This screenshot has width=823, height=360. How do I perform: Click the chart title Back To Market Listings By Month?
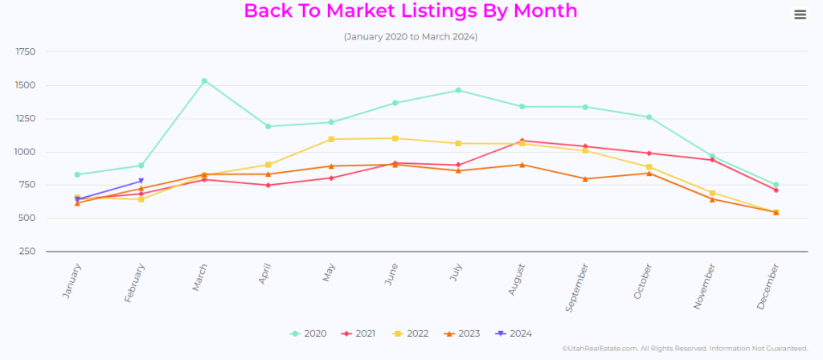pyautogui.click(x=411, y=11)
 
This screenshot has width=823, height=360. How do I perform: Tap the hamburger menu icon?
pyautogui.click(x=800, y=15)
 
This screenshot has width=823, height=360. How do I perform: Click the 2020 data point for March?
pyautogui.click(x=204, y=81)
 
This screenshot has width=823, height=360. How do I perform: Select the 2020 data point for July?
pyautogui.click(x=458, y=90)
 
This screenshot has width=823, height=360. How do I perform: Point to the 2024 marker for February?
pyautogui.click(x=141, y=181)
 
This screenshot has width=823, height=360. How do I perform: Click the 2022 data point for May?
pyautogui.click(x=331, y=139)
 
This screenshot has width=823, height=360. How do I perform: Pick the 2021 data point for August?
pyautogui.click(x=522, y=141)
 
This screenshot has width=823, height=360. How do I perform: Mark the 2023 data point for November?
pyautogui.click(x=712, y=199)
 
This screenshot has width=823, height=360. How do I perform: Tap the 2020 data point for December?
pyautogui.click(x=776, y=185)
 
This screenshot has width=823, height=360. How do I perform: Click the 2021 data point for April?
pyautogui.click(x=268, y=185)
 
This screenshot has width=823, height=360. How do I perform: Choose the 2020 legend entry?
pyautogui.click(x=309, y=333)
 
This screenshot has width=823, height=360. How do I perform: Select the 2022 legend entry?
pyautogui.click(x=410, y=333)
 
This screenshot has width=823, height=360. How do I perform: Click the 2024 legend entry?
pyautogui.click(x=514, y=333)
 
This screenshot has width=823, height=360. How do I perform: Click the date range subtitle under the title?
pyautogui.click(x=411, y=37)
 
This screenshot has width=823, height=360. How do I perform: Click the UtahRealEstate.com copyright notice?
pyautogui.click(x=686, y=349)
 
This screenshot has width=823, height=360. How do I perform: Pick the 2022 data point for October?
pyautogui.click(x=649, y=167)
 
